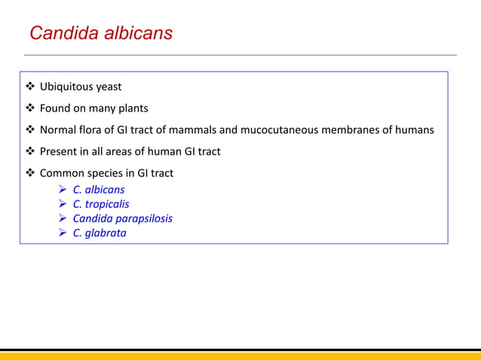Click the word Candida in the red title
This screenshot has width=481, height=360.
(x=59, y=34)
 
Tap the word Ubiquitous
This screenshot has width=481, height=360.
(x=68, y=87)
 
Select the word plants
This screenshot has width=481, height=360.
(x=132, y=108)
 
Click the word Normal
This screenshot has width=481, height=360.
(x=58, y=130)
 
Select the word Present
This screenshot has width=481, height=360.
(x=60, y=151)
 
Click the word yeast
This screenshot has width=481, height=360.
(x=109, y=87)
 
